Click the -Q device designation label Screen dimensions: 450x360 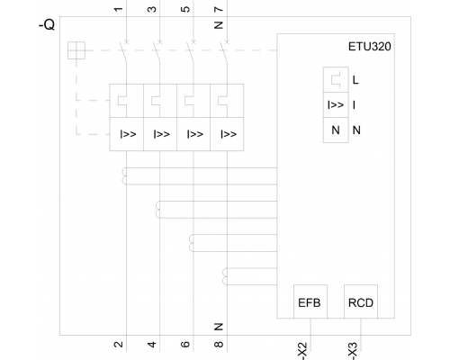(47, 24)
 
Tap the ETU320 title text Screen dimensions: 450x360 (369, 47)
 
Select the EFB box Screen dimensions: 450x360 (310, 301)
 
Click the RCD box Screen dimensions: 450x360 (361, 301)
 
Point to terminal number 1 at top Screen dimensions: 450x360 (119, 9)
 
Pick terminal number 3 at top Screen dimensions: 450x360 (152, 9)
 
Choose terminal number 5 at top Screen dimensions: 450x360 (185, 9)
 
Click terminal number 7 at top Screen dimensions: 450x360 (219, 9)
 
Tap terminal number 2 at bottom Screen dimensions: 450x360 (119, 344)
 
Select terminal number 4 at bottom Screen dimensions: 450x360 (152, 344)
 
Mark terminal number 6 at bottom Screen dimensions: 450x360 (185, 344)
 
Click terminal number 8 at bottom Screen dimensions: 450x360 (219, 344)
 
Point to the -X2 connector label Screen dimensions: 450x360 (302, 351)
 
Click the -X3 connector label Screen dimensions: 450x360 (353, 351)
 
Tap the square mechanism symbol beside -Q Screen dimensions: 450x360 (76, 50)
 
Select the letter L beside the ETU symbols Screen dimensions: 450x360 (355, 80)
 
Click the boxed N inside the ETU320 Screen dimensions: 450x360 (336, 130)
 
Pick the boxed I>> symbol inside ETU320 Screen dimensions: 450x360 (336, 105)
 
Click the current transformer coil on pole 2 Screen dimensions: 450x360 (157, 210)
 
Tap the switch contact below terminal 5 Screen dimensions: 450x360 (191, 52)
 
